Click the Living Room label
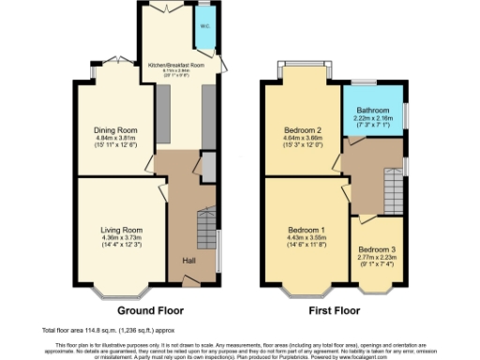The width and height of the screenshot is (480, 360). pos(122,230)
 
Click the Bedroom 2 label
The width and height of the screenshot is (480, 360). pos(304,129)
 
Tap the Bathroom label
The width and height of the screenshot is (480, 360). pos(374,108)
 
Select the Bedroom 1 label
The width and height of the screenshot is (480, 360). pos(307,230)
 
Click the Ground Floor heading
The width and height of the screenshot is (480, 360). pos(149,309)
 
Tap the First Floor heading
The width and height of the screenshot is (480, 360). pos(335,309)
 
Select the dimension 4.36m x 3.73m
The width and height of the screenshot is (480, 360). pos(122,237)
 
